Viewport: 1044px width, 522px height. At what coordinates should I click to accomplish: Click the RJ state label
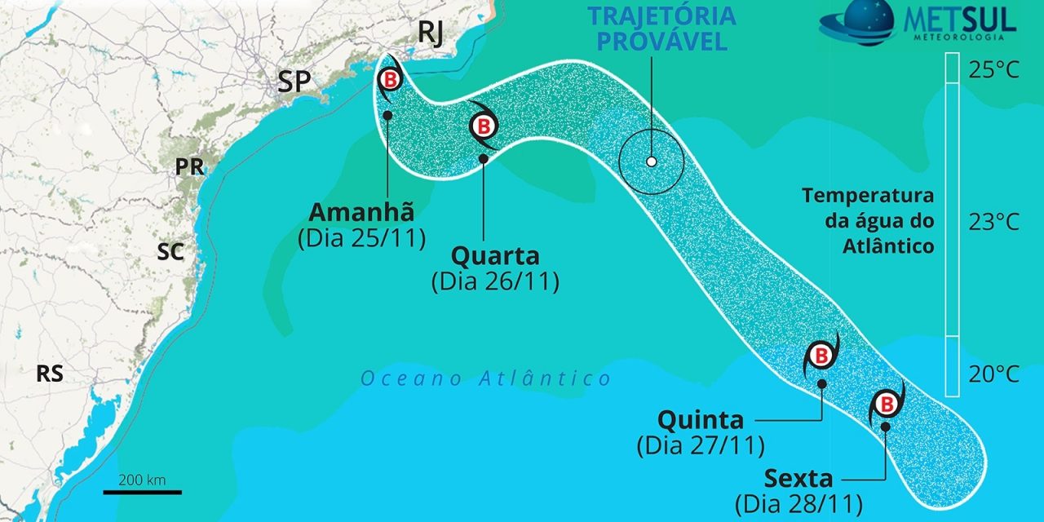pos(431,34)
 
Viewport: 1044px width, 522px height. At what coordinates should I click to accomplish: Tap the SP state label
pos(298,81)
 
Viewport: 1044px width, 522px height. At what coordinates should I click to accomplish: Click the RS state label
pos(50,374)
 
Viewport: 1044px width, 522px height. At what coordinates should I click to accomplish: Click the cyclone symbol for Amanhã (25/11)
pos(391,80)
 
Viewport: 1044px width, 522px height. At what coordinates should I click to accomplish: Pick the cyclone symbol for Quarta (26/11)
pos(484,126)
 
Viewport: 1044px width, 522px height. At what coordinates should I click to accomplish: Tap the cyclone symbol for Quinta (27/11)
pos(821,356)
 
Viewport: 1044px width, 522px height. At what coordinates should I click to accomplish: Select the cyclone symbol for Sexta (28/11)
pos(887,403)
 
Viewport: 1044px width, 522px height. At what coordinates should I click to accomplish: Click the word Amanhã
pos(361,212)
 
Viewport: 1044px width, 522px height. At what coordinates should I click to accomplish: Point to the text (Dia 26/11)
pos(494,282)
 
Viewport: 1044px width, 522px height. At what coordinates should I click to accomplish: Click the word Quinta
pos(701,420)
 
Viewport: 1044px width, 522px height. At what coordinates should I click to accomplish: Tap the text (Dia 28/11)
pos(798,502)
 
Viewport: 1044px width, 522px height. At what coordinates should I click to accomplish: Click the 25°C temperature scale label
pos(993,70)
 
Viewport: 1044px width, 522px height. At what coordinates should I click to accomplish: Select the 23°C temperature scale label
pos(993,222)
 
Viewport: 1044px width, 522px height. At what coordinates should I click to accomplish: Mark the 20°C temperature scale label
pos(993,374)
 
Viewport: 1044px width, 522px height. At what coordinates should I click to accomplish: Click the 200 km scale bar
pos(142,491)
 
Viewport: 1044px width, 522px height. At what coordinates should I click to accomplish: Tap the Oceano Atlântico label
pos(486,378)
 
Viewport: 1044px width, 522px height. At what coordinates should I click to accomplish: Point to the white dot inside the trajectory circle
pos(651,161)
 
